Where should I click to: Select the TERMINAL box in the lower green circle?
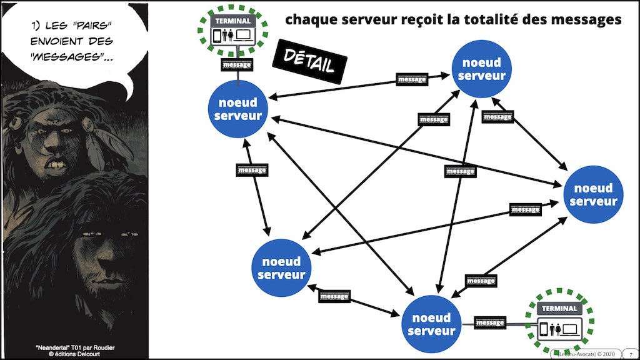[x=559, y=322]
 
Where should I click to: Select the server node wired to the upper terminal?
[x=236, y=111]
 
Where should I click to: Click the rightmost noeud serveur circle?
[x=593, y=194]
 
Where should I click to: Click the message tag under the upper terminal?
[x=236, y=64]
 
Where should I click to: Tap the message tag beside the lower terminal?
[x=490, y=323]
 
